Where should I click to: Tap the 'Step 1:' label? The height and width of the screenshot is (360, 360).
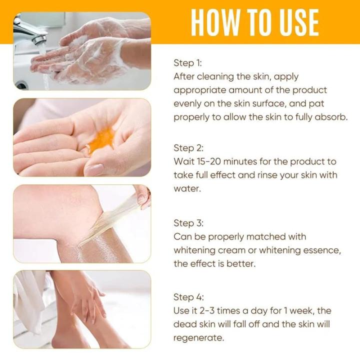click(187, 63)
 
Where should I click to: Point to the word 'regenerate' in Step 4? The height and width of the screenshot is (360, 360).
click(198, 337)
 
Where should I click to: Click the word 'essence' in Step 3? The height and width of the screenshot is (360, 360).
click(324, 250)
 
